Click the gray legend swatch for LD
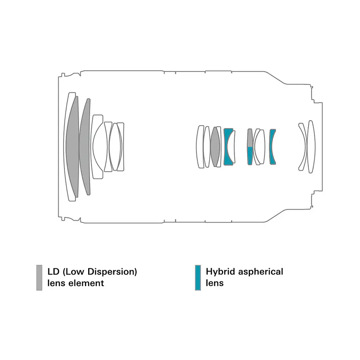39,278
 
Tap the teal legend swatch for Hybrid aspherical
198,278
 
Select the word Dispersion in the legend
112,272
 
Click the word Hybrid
221,272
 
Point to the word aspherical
261,272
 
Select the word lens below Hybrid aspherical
215,283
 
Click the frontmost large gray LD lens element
72,147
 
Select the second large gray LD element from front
85,147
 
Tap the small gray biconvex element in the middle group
215,147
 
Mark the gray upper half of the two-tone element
250,138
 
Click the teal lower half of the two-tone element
250,156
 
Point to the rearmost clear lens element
312,147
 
